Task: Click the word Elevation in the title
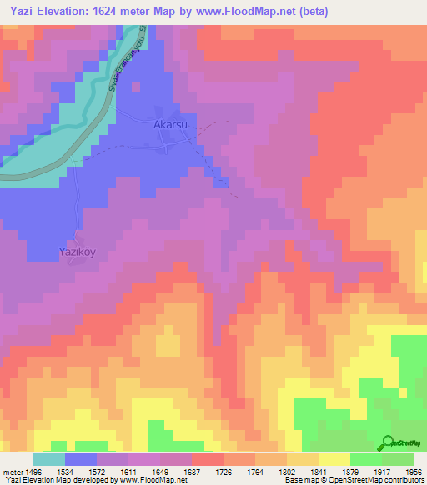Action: pyautogui.click(x=73, y=12)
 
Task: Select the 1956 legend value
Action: pyautogui.click(x=414, y=472)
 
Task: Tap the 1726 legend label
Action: pyautogui.click(x=225, y=472)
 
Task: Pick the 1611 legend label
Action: pyautogui.click(x=130, y=472)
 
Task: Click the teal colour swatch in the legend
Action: pyautogui.click(x=49, y=459)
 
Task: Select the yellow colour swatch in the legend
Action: pyautogui.click(x=334, y=459)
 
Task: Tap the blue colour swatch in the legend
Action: pyautogui.click(x=81, y=459)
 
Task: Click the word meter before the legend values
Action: pyautogui.click(x=13, y=472)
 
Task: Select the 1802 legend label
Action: pyautogui.click(x=288, y=472)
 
